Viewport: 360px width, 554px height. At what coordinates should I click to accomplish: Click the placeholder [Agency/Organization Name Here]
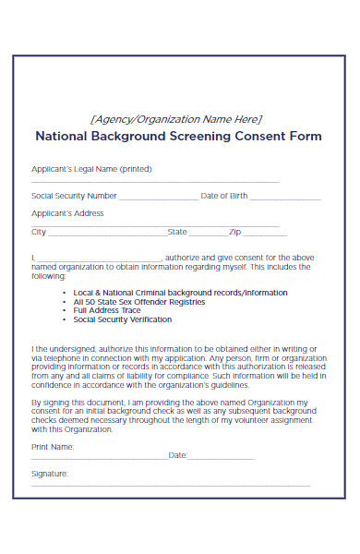point(175,118)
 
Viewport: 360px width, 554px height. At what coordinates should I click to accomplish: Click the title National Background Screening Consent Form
point(178,136)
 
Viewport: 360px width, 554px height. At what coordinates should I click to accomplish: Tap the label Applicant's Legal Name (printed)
point(91,169)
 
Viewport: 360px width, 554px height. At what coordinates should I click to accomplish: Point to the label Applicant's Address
point(67,213)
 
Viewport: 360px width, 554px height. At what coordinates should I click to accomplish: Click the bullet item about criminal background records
point(180,293)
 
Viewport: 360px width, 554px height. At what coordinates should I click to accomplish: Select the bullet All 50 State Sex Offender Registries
point(138,302)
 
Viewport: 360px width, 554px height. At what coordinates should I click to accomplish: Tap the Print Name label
point(53,446)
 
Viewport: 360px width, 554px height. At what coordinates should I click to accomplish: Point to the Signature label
point(50,474)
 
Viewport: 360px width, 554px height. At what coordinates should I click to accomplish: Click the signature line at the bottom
point(171,486)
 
